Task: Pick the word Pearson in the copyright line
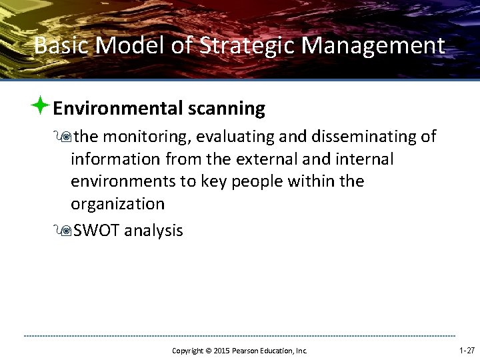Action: point(249,351)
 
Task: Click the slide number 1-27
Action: point(467,350)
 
